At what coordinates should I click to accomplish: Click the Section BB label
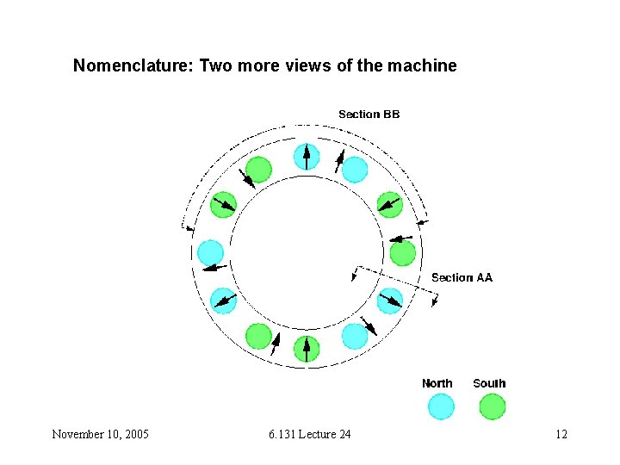(369, 115)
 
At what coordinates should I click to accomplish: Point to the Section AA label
(462, 277)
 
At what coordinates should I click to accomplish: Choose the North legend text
(437, 383)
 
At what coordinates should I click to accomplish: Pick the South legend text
(489, 383)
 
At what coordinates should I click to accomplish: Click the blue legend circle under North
(440, 406)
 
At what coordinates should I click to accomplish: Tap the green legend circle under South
(492, 406)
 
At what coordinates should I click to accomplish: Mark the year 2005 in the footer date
(135, 434)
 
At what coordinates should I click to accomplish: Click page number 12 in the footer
(561, 434)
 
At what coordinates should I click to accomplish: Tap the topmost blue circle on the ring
(307, 156)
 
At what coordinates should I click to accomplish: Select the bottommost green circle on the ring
(306, 349)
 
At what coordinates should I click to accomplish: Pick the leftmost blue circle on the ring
(210, 252)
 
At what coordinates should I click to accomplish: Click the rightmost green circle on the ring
(402, 253)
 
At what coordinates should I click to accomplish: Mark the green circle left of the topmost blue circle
(258, 170)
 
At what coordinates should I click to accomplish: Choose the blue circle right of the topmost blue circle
(355, 170)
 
